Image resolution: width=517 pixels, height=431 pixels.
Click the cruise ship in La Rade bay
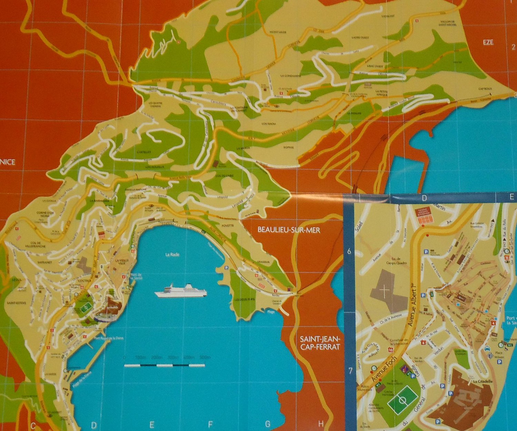click(181, 291)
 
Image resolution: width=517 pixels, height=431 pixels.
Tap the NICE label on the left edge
click(8, 161)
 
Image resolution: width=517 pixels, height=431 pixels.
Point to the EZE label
click(488, 42)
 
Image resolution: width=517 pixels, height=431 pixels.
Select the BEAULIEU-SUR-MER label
click(289, 230)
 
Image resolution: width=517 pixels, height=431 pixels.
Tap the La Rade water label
click(172, 255)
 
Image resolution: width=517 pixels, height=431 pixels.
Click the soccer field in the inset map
click(402, 400)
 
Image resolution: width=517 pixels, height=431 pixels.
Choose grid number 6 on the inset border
click(349, 252)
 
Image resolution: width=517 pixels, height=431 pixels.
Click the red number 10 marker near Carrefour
click(390, 350)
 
